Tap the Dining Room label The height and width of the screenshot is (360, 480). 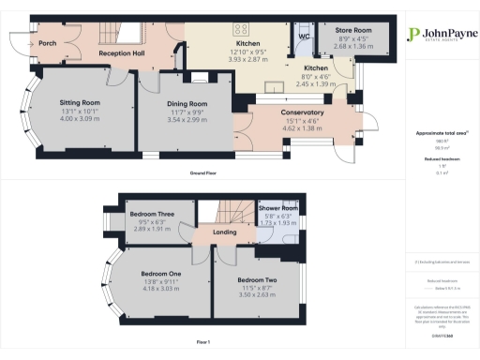pos(186,103)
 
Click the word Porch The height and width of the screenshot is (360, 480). pos(50,43)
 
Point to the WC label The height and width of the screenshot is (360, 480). pos(304,37)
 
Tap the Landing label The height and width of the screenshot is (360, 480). pos(225,232)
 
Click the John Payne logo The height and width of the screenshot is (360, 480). pos(437,36)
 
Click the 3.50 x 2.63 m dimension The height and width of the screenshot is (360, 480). pos(256,295)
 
